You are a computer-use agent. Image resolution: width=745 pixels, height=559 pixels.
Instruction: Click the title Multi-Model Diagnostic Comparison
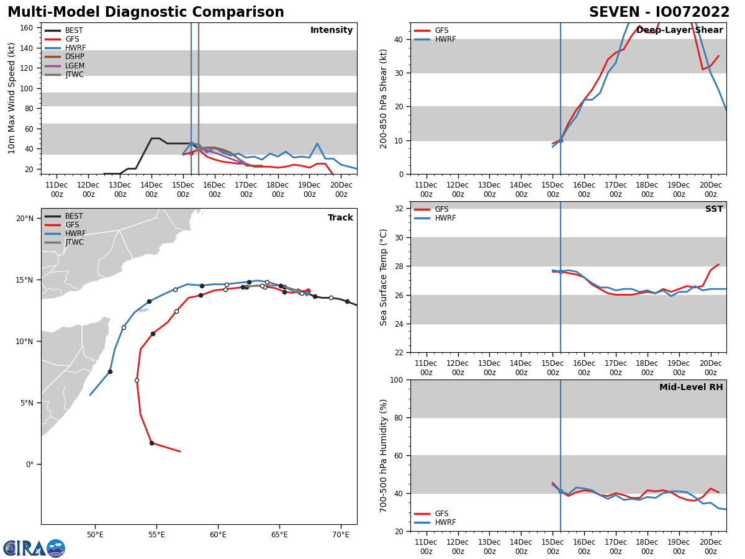(x=145, y=12)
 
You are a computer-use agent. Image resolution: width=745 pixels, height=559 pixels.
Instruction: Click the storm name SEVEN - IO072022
(x=659, y=12)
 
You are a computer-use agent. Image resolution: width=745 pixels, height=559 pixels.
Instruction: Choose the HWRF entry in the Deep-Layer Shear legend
(x=445, y=40)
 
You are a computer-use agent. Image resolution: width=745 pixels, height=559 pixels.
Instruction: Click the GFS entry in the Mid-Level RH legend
(x=441, y=514)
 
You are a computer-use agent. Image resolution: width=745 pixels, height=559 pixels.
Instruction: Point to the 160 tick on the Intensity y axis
(x=27, y=28)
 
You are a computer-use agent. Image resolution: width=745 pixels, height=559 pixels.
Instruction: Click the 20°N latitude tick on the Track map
(x=25, y=219)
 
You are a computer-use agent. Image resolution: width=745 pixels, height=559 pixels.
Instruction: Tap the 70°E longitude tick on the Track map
(x=341, y=535)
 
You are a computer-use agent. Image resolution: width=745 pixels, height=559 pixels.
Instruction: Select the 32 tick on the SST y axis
(x=400, y=209)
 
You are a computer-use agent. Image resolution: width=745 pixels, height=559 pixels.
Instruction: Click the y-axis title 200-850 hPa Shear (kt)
(x=384, y=98)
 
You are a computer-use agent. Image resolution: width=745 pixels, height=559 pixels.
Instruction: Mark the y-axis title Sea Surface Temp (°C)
(x=384, y=277)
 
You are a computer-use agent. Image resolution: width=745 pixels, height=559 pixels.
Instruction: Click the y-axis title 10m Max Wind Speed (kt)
(x=12, y=98)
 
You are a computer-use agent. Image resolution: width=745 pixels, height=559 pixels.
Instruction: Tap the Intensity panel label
(x=332, y=30)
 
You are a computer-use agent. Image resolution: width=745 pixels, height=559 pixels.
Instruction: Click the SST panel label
(x=714, y=209)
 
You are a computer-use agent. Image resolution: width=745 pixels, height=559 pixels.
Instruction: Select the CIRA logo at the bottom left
(x=34, y=548)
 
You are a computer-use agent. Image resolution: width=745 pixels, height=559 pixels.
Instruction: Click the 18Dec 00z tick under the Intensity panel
(x=278, y=189)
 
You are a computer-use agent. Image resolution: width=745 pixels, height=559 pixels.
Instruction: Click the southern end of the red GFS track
(x=179, y=452)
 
